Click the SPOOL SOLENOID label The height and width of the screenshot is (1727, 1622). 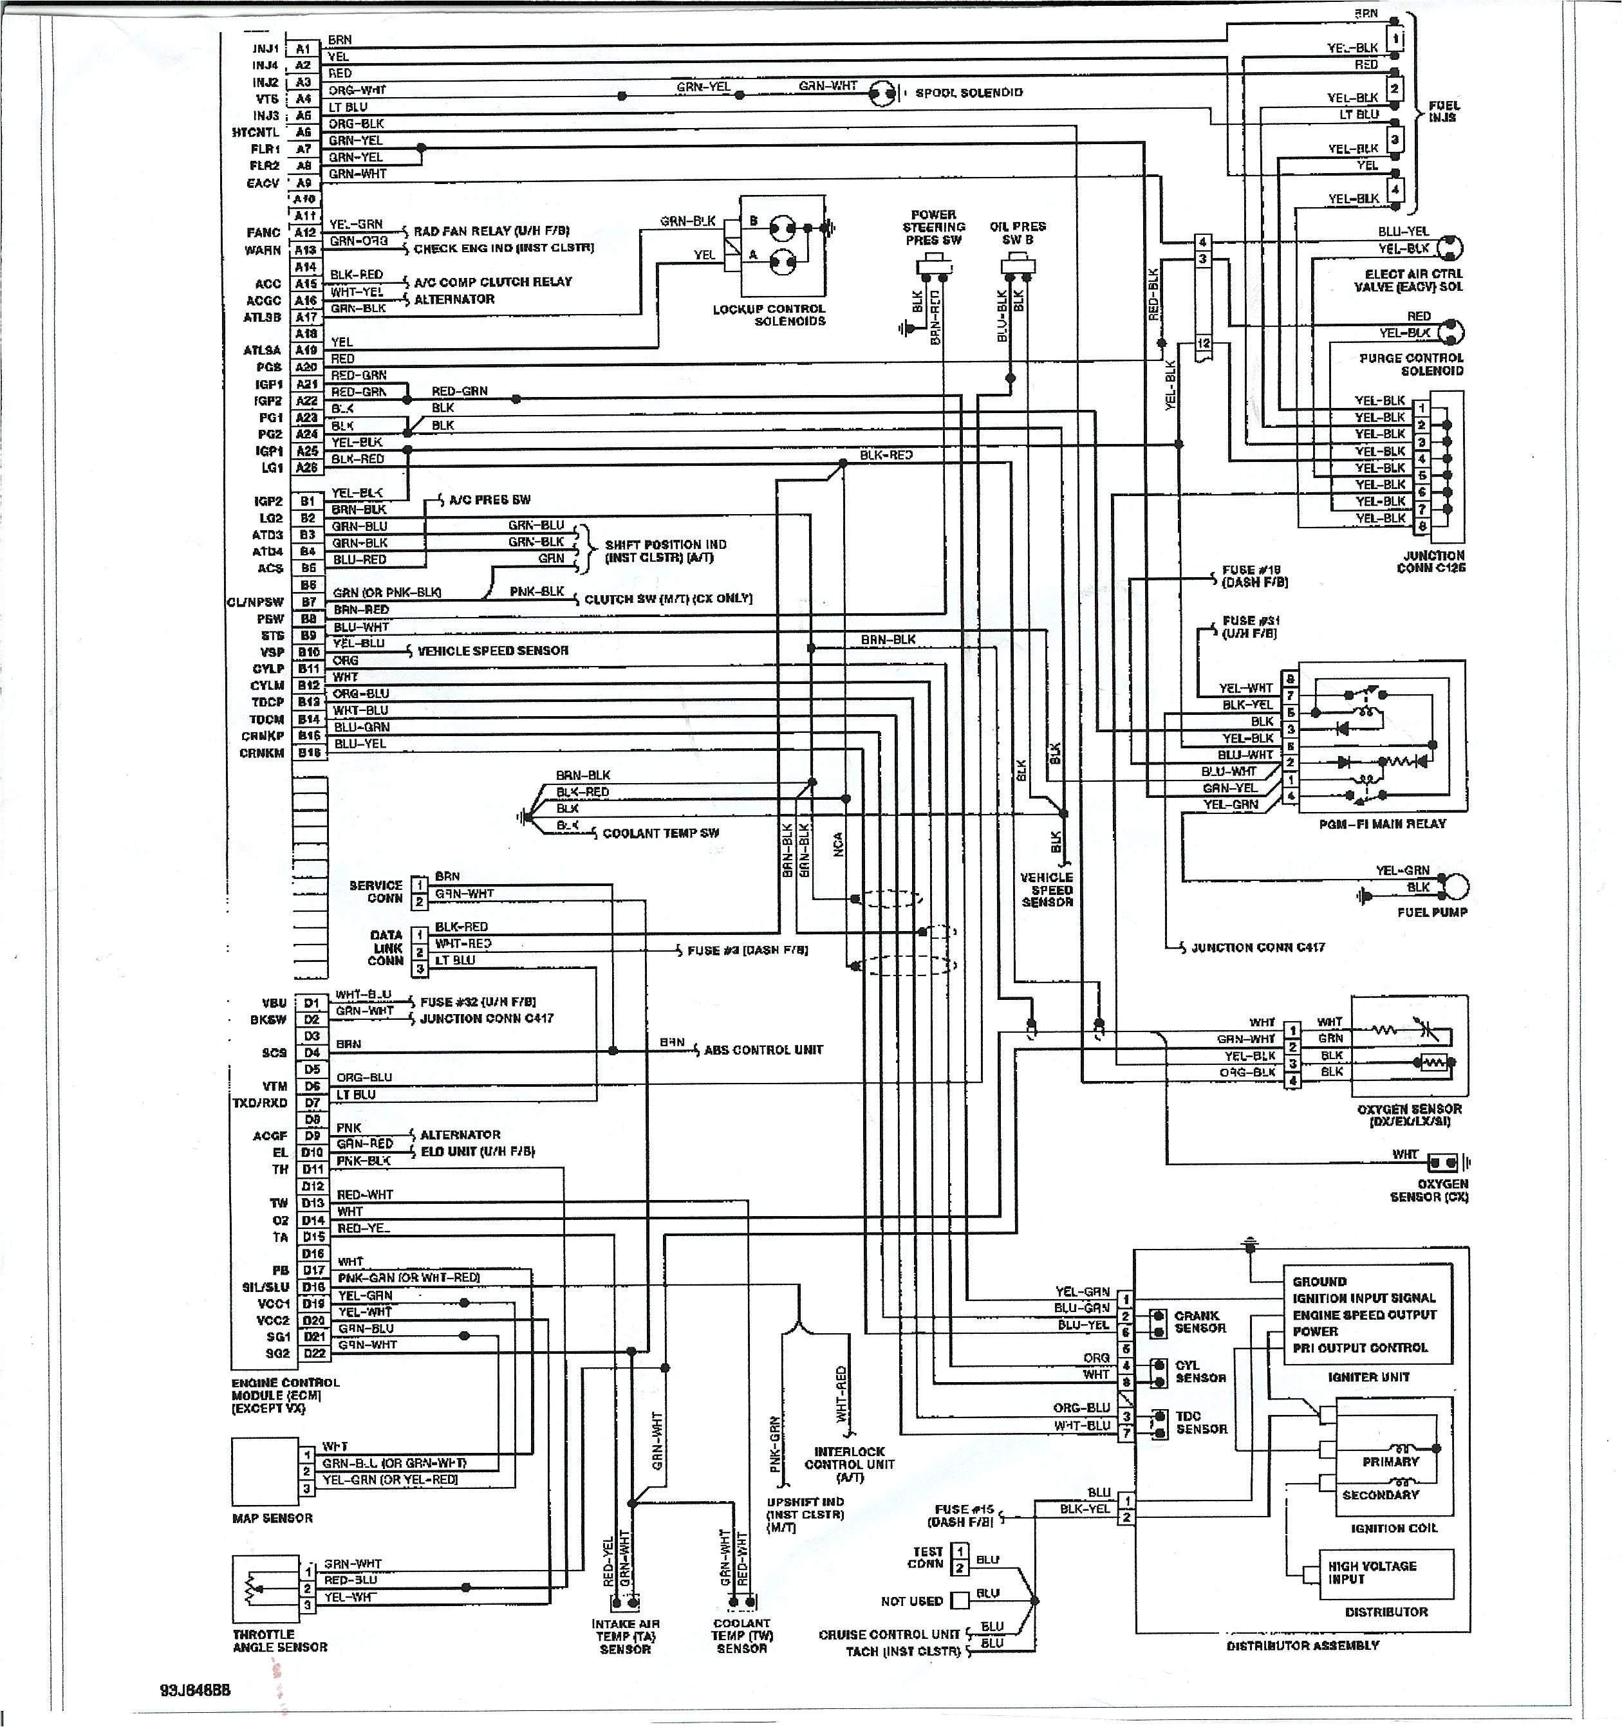pos(969,93)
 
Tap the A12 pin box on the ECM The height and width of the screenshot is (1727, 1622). pos(305,233)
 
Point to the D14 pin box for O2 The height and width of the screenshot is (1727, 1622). pos(313,1221)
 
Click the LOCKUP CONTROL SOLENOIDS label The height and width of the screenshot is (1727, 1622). pos(769,315)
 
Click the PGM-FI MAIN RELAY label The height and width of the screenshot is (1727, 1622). pos(1382,824)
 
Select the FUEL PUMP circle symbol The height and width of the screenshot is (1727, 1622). pos(1456,887)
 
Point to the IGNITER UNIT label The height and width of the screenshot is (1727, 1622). pos(1368,1377)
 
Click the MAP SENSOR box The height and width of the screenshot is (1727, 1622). pos(265,1472)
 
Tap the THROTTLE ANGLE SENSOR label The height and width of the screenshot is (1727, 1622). pos(280,1641)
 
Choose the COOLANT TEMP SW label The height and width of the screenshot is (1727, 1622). pos(661,833)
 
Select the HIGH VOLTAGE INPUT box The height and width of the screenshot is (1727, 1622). pos(1385,1573)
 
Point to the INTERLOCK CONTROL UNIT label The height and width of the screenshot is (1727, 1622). pos(849,1464)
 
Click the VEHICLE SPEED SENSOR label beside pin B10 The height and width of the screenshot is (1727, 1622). pos(492,651)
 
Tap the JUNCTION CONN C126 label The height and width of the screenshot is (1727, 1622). pos(1431,562)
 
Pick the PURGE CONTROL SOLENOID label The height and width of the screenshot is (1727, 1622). pos(1411,364)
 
